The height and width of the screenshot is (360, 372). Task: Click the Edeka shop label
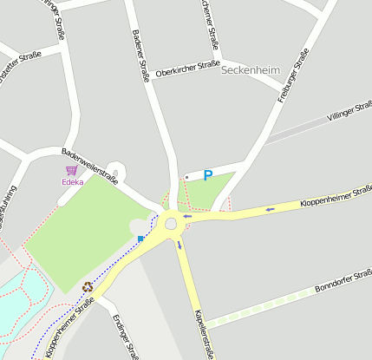click(x=72, y=182)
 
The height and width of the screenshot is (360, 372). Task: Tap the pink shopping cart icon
click(x=71, y=171)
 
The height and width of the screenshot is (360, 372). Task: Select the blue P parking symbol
click(x=207, y=175)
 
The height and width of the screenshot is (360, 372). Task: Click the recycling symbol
click(x=87, y=287)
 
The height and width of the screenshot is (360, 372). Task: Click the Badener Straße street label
click(x=140, y=56)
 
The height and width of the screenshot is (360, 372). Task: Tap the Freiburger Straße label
click(x=293, y=76)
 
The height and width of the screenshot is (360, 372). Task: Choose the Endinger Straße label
click(x=125, y=336)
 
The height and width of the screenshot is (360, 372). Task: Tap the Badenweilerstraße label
click(x=89, y=164)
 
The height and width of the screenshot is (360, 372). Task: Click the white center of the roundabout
click(x=171, y=224)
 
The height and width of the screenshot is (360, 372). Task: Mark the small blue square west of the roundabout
click(x=140, y=238)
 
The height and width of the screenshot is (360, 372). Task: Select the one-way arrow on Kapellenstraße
click(x=180, y=245)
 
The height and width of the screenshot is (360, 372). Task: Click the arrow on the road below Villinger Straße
click(x=270, y=208)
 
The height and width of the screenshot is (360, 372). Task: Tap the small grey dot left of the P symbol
click(x=186, y=176)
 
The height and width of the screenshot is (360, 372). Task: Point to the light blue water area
click(x=17, y=299)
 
